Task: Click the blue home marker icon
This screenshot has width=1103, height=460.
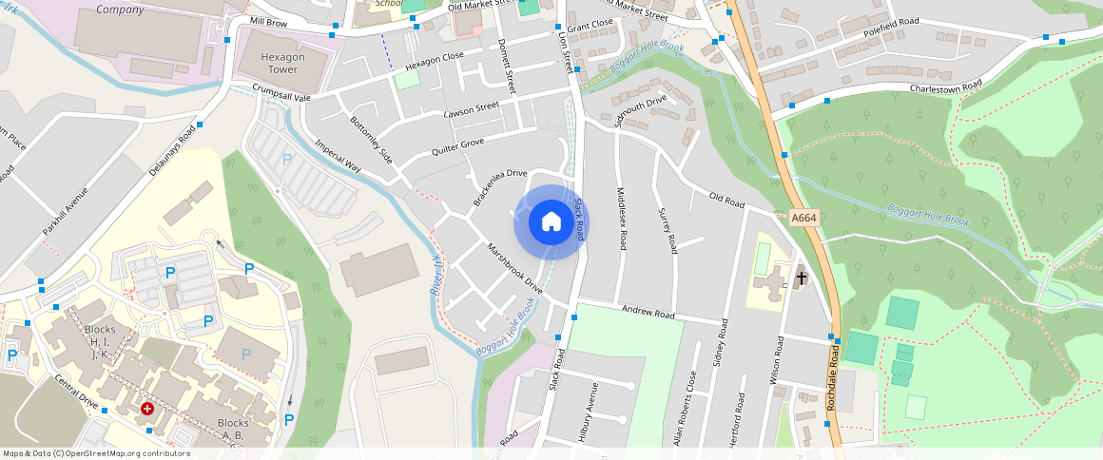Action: point(551,222)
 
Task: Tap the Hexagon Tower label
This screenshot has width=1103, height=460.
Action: point(284,63)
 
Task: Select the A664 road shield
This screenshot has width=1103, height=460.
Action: point(804,218)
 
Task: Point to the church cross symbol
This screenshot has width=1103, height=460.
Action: point(802,278)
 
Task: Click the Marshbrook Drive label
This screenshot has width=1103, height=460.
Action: point(514,268)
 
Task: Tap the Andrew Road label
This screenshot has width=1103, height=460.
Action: point(648,312)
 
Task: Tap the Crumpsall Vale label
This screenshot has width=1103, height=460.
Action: point(282,92)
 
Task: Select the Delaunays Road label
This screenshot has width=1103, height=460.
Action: point(172,150)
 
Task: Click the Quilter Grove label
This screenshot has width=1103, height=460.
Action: point(457,147)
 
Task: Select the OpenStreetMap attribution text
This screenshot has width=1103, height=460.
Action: point(96,453)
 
